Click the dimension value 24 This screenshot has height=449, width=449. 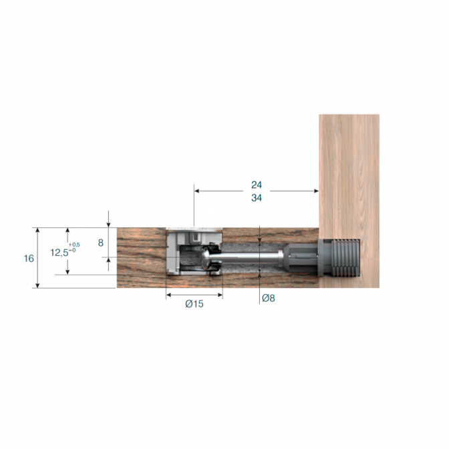point(257,185)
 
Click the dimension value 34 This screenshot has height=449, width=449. point(257,198)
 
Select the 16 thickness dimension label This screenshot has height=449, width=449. point(29,259)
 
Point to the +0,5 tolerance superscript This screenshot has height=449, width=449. point(74,245)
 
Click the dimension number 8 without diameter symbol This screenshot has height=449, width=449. point(100,243)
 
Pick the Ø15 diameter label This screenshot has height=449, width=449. point(194,303)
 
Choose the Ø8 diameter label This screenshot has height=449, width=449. point(269,299)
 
